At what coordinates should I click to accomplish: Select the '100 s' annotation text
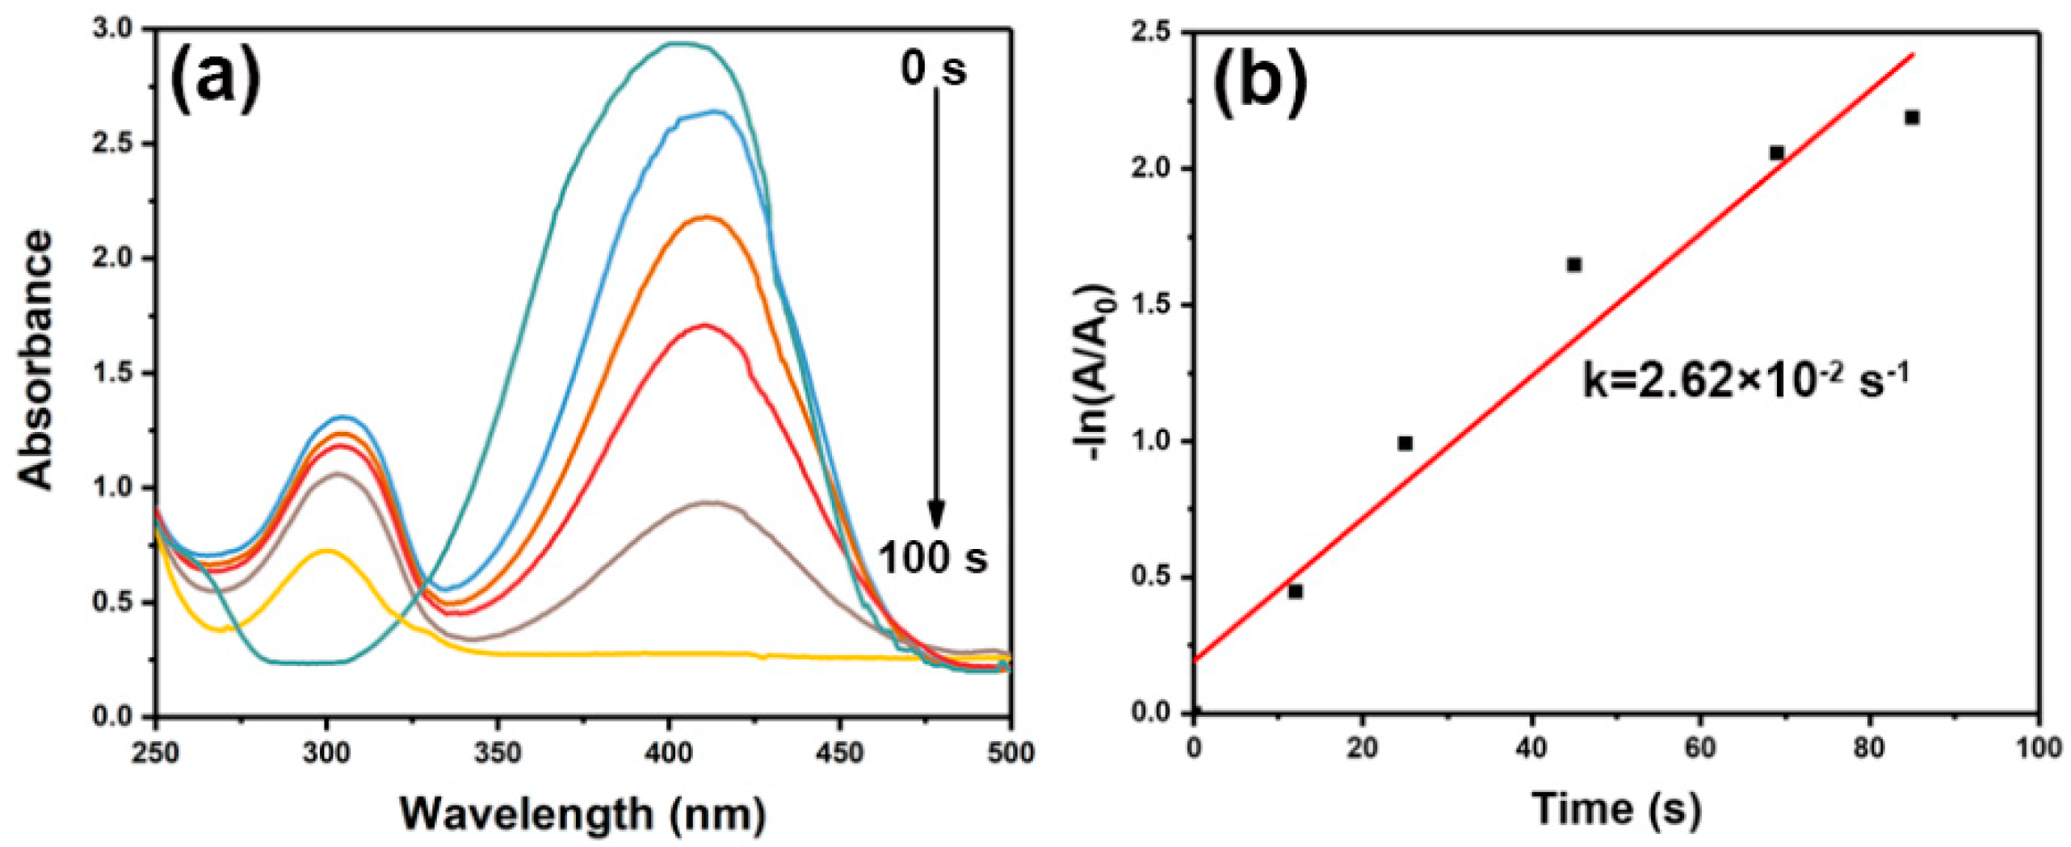(932, 557)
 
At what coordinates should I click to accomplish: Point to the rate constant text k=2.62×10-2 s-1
(1745, 380)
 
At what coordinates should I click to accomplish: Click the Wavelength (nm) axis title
(582, 814)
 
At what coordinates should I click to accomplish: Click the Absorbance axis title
(36, 360)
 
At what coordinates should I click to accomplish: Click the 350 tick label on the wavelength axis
(497, 753)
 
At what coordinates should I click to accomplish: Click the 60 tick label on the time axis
(1700, 748)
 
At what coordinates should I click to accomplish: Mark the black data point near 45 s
(1573, 265)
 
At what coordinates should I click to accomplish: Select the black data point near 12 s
(1296, 592)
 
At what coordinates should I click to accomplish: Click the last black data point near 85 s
(1912, 118)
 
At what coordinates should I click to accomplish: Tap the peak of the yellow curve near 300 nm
(326, 551)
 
